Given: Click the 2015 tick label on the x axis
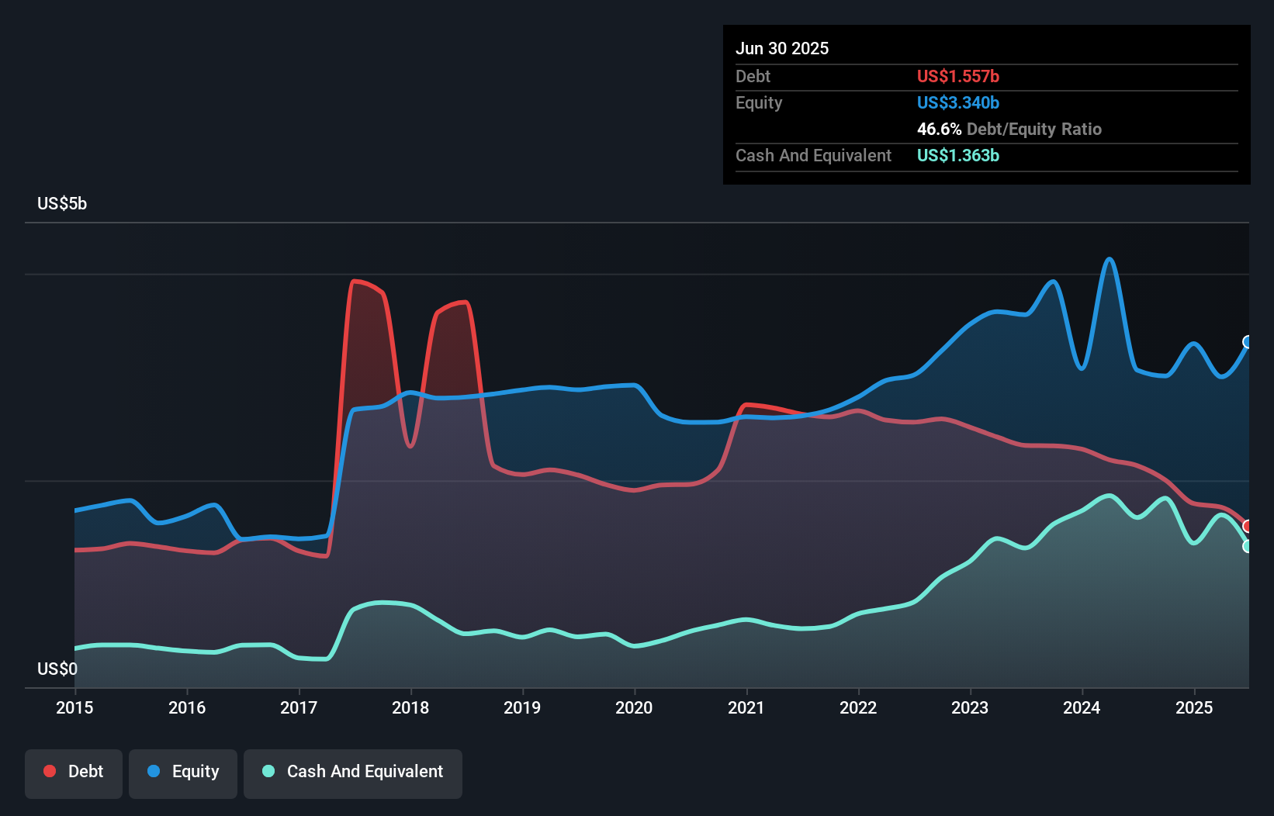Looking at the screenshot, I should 74,707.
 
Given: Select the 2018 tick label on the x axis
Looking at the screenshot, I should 410,707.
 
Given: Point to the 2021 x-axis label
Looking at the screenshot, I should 746,707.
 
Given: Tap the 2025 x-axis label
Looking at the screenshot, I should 1193,707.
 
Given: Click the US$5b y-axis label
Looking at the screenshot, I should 62,203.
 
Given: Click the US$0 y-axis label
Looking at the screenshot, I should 57,669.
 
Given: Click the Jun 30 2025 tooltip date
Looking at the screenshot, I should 782,48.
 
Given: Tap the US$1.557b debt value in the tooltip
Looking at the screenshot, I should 957,76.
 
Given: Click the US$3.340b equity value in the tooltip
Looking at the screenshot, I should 957,102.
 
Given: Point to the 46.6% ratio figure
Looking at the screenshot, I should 939,129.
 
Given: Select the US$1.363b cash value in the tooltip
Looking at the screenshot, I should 957,155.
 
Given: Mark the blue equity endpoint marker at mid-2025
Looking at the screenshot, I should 1248,342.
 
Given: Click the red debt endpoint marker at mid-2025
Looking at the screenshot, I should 1248,526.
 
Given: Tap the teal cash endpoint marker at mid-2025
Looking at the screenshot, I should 1248,546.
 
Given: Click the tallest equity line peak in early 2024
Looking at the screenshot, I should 1110,259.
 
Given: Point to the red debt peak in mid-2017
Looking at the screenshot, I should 355,281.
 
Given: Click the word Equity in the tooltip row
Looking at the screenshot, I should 759,102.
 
